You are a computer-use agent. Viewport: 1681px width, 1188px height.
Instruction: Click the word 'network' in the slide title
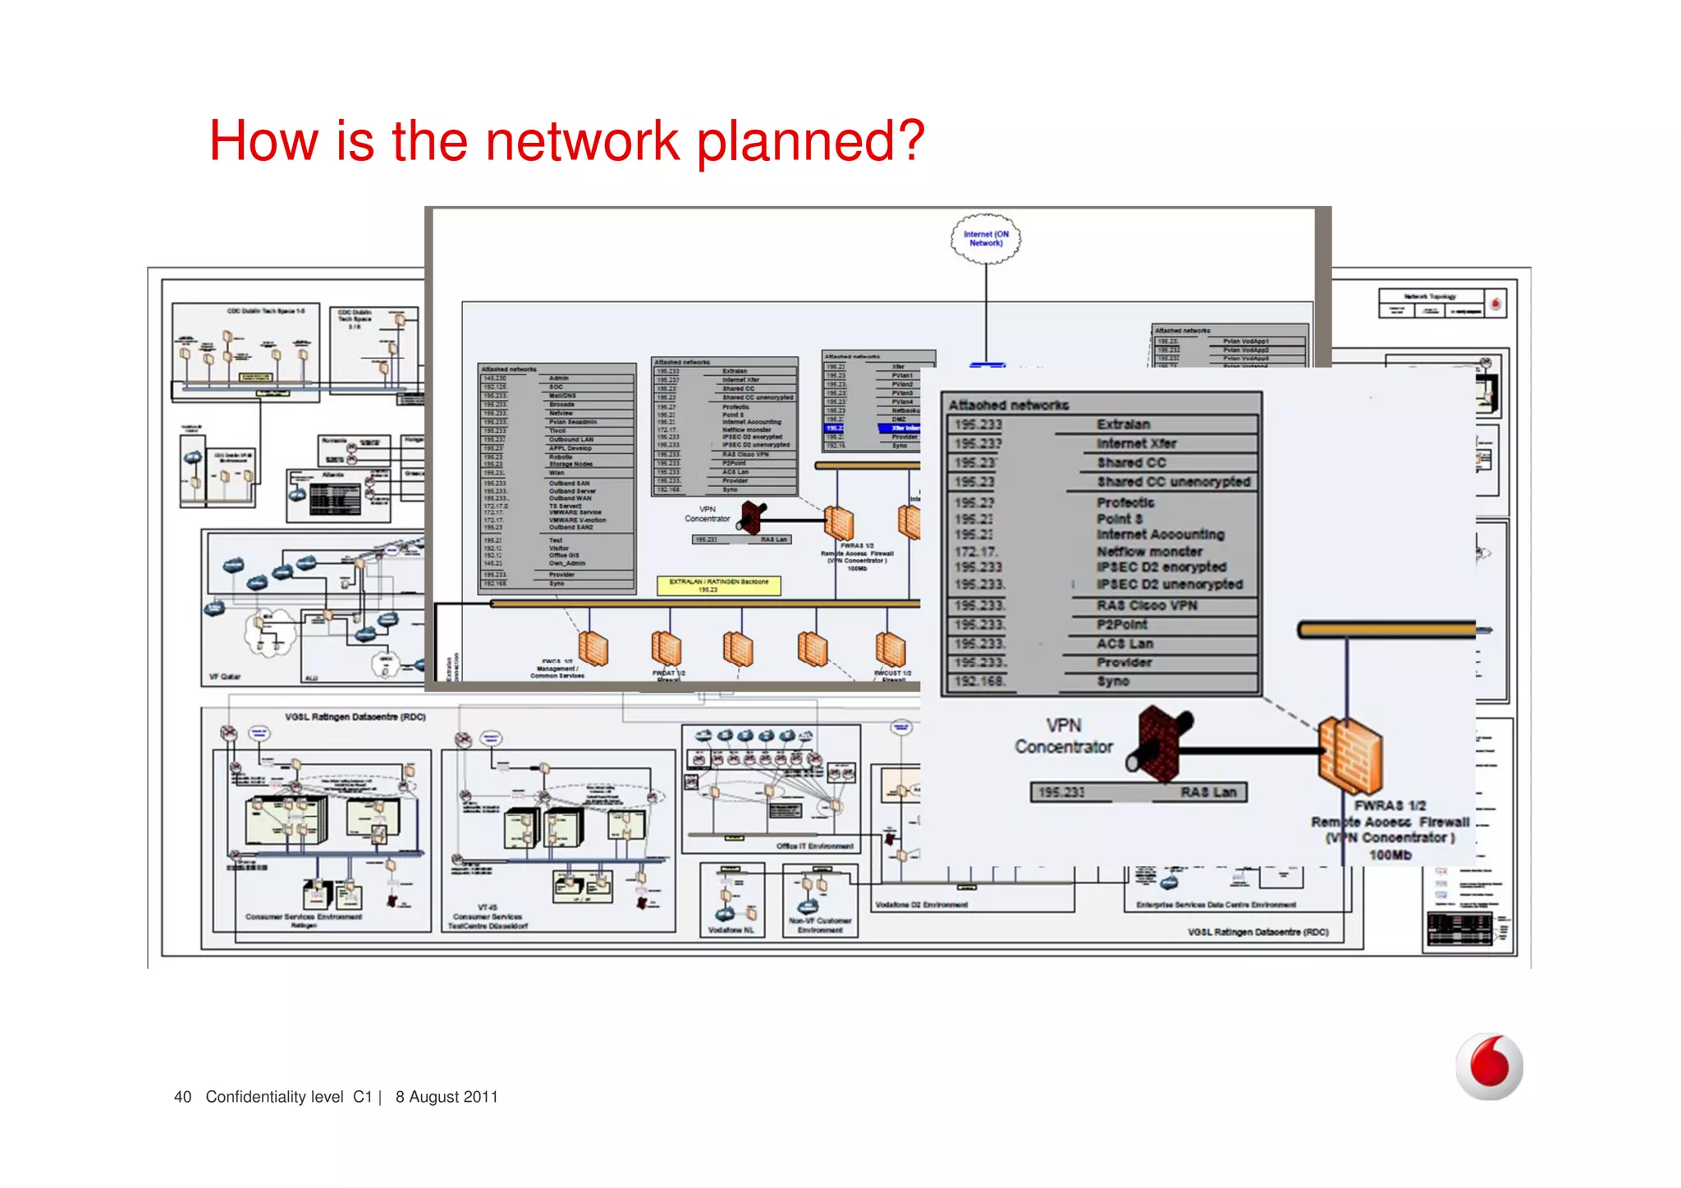tap(582, 140)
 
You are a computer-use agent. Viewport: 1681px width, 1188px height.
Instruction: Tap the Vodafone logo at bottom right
tap(1488, 1066)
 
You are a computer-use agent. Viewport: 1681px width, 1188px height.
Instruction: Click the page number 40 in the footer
tap(182, 1097)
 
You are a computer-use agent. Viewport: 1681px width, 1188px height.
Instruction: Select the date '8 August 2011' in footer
tap(447, 1097)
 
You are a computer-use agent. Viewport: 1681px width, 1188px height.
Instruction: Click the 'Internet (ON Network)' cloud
tap(986, 239)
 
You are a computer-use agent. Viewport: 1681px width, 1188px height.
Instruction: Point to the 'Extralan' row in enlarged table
tap(1123, 424)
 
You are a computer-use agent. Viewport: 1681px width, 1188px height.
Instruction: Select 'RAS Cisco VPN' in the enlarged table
tap(1147, 606)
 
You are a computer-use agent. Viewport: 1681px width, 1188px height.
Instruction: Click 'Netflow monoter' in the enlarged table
tap(1149, 552)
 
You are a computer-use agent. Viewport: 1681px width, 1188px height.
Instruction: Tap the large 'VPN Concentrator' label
tap(1063, 736)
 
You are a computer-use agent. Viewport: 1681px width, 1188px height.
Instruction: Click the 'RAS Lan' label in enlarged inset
tap(1208, 792)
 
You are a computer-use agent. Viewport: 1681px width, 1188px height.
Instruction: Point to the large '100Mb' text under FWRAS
tap(1390, 855)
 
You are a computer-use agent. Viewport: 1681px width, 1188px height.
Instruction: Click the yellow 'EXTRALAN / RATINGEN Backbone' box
tap(718, 585)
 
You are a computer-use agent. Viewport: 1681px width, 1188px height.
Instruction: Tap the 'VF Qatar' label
tap(224, 677)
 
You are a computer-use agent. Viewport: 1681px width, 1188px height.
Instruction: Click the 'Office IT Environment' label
tap(814, 846)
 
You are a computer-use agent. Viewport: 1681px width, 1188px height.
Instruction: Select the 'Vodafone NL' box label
tap(731, 930)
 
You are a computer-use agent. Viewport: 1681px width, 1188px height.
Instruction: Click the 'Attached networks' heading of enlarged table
tap(1008, 405)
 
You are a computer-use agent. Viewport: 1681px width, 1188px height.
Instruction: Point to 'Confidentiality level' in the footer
tap(274, 1097)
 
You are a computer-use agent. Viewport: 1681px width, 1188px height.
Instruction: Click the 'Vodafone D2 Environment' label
tap(921, 905)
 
